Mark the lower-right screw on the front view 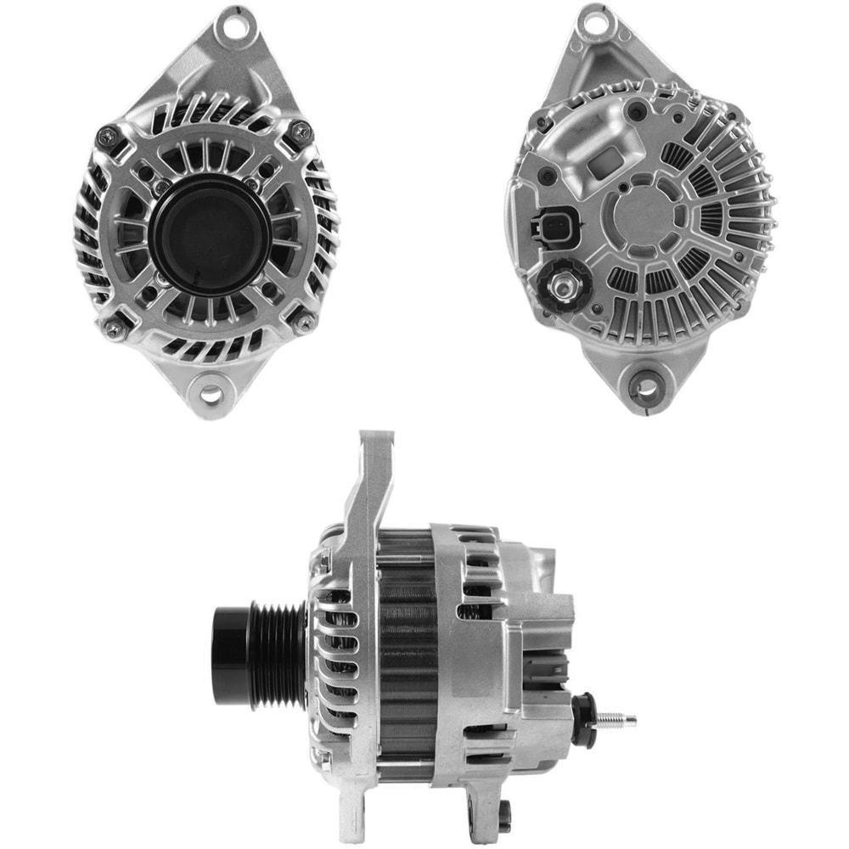[301, 320]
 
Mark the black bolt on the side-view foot [505, 816]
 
